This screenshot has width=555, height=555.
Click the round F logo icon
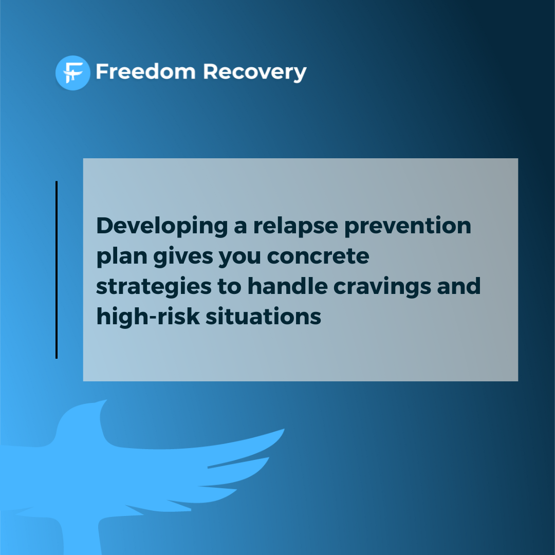(72, 73)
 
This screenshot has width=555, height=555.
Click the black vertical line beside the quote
(57, 270)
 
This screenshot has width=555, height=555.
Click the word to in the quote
(227, 287)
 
